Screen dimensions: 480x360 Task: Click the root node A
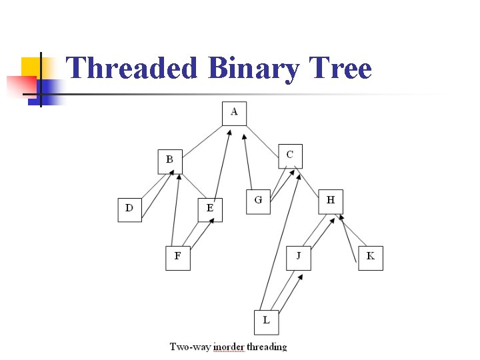[x=234, y=113]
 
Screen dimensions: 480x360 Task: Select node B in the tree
[x=170, y=161]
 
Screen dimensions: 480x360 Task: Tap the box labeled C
[x=290, y=156]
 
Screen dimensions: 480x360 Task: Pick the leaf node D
[x=129, y=209]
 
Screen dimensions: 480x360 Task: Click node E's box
[x=210, y=209]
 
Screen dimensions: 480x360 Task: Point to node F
[x=177, y=257]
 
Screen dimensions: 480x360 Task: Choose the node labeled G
[x=258, y=201]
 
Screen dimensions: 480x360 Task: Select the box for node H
[x=331, y=201]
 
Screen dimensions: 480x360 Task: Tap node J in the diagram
[x=299, y=257]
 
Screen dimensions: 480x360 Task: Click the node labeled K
[x=371, y=257]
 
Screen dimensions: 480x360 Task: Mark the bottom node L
[x=266, y=322]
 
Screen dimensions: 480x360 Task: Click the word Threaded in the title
[x=132, y=68]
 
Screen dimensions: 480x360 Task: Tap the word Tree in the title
[x=341, y=68]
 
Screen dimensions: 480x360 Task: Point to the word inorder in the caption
[x=227, y=347]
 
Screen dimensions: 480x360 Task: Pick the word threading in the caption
[x=267, y=347]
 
